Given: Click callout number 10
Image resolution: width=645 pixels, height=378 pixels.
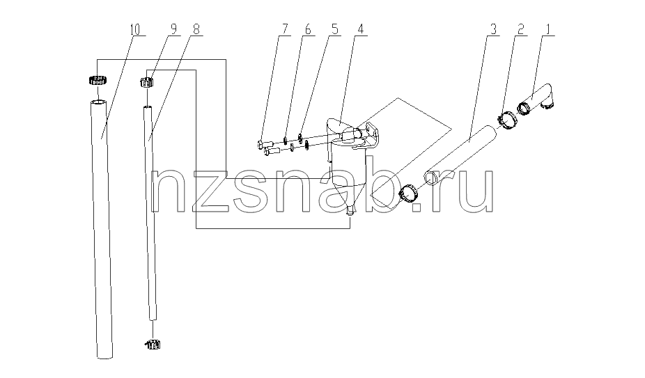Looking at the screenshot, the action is [x=135, y=30].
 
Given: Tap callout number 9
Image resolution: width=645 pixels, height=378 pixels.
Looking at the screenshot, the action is [x=173, y=30].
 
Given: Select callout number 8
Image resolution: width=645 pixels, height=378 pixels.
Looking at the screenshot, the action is [x=196, y=30].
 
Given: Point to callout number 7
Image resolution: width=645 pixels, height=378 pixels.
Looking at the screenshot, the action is [x=285, y=30].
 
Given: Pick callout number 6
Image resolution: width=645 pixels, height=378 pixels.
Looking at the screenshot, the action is [x=308, y=30].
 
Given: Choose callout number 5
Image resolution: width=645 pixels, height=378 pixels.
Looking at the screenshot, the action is [x=334, y=30].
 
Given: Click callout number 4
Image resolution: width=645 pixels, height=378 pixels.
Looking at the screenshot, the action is [x=360, y=30].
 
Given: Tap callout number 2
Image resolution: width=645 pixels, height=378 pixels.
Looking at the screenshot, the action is [x=521, y=30].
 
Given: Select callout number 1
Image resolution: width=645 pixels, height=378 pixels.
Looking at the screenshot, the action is [x=547, y=30].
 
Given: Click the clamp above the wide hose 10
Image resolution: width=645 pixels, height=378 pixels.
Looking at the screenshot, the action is [x=98, y=80].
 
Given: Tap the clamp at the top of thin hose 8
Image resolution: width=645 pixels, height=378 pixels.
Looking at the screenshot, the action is [x=147, y=82].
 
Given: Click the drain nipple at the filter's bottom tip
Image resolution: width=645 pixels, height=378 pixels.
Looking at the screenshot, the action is [x=350, y=211].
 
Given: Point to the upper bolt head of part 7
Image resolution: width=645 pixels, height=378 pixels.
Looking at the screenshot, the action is [x=261, y=144].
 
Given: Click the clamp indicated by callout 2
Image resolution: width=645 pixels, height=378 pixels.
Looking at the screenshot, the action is [x=508, y=120].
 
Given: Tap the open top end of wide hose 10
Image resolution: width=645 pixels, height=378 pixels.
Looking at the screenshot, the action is [x=98, y=102].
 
